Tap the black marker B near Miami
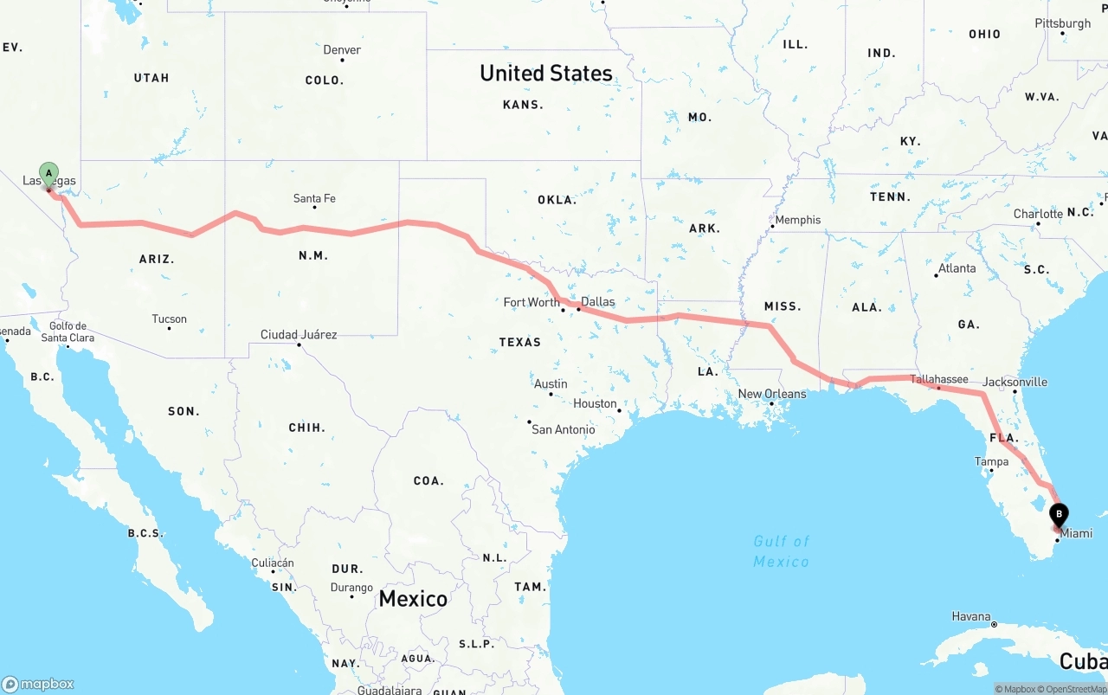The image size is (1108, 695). pyautogui.click(x=1059, y=514)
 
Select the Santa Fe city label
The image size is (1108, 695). pyautogui.click(x=314, y=198)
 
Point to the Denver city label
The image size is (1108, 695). pyautogui.click(x=342, y=49)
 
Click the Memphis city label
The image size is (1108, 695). pyautogui.click(x=797, y=220)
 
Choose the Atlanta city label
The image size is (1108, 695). pyautogui.click(x=957, y=268)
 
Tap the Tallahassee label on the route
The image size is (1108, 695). pyautogui.click(x=939, y=379)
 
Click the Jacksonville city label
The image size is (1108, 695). pyautogui.click(x=1015, y=382)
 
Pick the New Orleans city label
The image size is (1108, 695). pyautogui.click(x=771, y=394)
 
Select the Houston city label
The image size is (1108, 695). pyautogui.click(x=595, y=403)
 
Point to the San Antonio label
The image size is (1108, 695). pyautogui.click(x=563, y=429)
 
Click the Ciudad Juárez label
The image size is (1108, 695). pyautogui.click(x=299, y=334)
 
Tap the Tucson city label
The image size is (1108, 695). pyautogui.click(x=169, y=319)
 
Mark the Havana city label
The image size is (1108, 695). pyautogui.click(x=970, y=616)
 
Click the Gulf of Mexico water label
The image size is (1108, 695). pyautogui.click(x=781, y=551)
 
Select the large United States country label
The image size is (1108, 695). pyautogui.click(x=546, y=74)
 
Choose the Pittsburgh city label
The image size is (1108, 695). pyautogui.click(x=1062, y=23)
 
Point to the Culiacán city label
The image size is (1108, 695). pyautogui.click(x=273, y=563)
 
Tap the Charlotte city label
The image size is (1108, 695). pyautogui.click(x=1038, y=214)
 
